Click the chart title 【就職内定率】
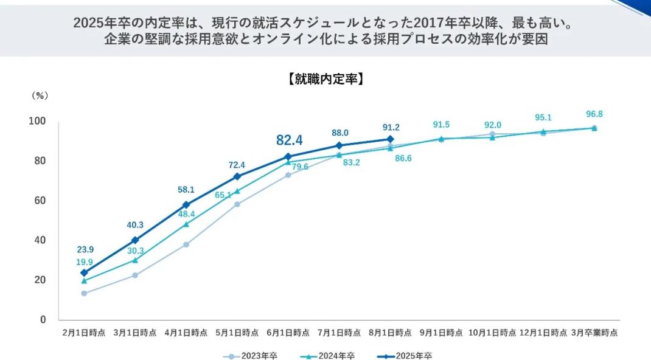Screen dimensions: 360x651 325,79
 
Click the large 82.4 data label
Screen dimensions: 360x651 289,140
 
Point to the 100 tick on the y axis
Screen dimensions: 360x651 37,121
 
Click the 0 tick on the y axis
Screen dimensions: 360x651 43,319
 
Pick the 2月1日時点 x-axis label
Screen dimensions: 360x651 84,333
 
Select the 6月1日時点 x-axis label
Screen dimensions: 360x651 288,333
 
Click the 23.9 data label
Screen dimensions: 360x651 85,250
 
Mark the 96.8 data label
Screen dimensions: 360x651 594,114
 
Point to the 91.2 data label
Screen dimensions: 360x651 391,127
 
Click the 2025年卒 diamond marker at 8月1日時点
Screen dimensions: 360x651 390,139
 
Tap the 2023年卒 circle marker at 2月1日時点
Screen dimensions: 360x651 84,293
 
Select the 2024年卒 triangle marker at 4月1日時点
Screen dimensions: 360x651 186,224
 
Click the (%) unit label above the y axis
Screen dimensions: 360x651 40,95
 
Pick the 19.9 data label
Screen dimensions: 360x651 85,262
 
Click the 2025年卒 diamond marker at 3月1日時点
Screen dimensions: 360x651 135,240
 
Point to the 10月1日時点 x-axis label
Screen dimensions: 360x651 492,333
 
